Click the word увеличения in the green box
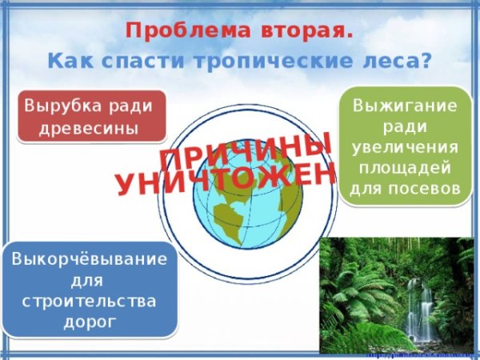[x=405, y=148]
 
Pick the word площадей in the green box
[x=405, y=168]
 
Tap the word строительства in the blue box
[x=90, y=302]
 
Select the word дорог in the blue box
[x=90, y=322]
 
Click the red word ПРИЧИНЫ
[x=245, y=151]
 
